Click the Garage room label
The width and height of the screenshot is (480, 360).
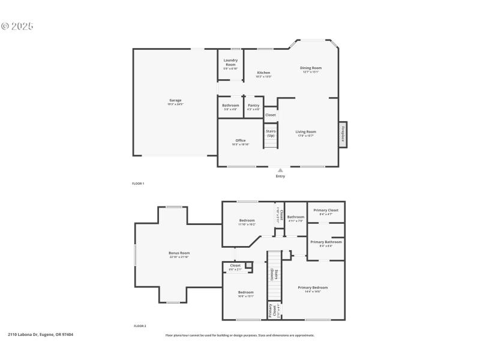[x=175, y=101]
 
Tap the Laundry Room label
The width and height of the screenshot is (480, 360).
[x=230, y=61]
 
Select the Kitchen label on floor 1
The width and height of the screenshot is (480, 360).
[x=263, y=73]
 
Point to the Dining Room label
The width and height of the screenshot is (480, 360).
[x=311, y=68]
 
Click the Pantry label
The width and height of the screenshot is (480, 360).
[x=254, y=106]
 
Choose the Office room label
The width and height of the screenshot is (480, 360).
[x=240, y=141]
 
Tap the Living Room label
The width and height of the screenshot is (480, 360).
[x=305, y=132]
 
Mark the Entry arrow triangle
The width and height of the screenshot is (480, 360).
[x=280, y=170]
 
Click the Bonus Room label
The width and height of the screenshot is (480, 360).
[x=179, y=253]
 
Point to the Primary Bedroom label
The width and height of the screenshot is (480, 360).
[x=313, y=288]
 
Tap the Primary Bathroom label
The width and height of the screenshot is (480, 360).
[x=326, y=242]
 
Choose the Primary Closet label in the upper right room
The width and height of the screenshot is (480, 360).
[x=326, y=211]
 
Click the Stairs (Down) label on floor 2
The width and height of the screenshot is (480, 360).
[x=273, y=275]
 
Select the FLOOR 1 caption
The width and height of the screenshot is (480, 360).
[x=138, y=184]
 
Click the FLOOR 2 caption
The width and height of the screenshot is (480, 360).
[x=140, y=326]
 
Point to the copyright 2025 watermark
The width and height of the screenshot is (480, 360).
[x=17, y=26]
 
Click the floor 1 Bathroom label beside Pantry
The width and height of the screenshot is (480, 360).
[x=230, y=106]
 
